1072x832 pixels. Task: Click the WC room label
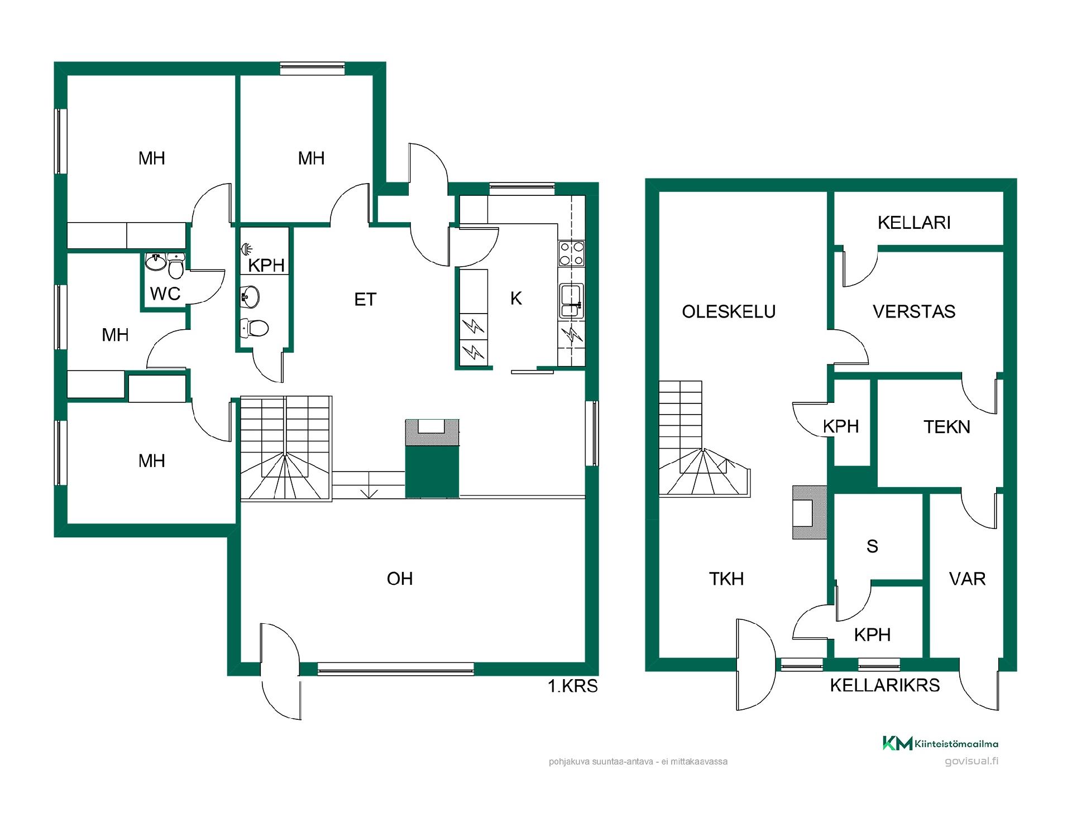click(x=165, y=294)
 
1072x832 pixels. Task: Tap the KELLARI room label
click(x=914, y=223)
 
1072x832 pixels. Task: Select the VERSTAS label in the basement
click(x=914, y=311)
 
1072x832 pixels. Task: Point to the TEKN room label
click(x=947, y=427)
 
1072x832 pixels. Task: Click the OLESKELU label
click(x=729, y=311)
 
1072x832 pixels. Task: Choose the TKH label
click(x=726, y=579)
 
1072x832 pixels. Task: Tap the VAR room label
click(x=968, y=579)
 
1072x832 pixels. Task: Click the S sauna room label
click(x=872, y=546)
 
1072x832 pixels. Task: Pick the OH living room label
click(x=400, y=579)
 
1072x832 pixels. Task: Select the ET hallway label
click(x=365, y=300)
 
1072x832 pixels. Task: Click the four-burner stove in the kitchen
click(x=572, y=253)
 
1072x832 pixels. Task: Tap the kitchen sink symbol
click(x=572, y=300)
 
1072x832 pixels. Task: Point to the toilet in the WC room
click(x=176, y=266)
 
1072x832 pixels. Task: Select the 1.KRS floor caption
click(x=573, y=686)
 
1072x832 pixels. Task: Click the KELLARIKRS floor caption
click(x=885, y=685)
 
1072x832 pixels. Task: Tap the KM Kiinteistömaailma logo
click(x=940, y=743)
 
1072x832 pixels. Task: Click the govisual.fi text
click(x=971, y=761)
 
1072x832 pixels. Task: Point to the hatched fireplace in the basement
click(x=810, y=512)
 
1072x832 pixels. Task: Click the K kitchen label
click(x=516, y=299)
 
